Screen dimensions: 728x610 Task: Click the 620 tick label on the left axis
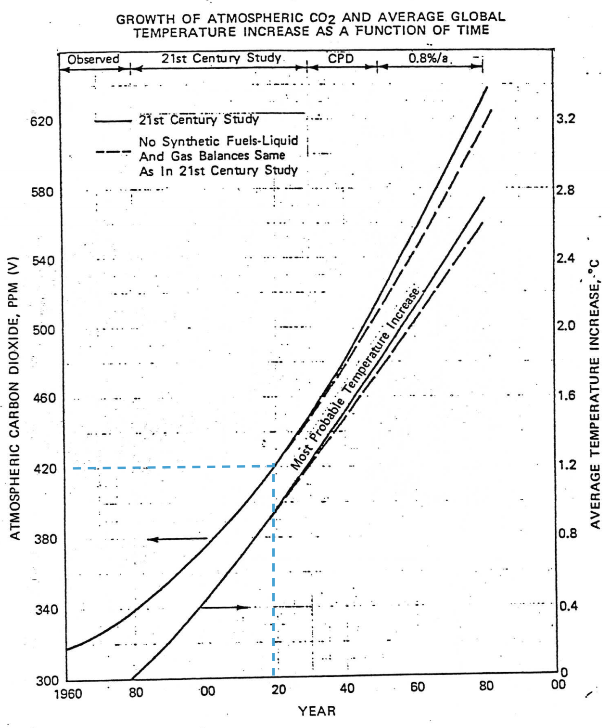42,121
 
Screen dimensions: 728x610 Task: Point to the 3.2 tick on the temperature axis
566,119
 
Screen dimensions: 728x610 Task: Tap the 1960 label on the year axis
68,694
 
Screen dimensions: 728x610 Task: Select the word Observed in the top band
93,59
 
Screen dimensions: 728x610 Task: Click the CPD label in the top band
341,59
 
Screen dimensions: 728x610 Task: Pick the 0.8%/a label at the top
428,58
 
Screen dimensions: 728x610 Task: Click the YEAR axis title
317,711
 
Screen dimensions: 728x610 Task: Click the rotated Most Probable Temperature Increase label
355,378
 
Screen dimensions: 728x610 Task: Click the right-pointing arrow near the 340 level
224,608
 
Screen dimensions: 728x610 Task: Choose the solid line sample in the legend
113,121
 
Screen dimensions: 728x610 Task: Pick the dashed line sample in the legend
113,152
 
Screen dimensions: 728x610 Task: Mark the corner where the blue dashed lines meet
274,466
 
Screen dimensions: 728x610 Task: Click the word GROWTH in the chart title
145,19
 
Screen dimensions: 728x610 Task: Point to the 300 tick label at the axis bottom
47,681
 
